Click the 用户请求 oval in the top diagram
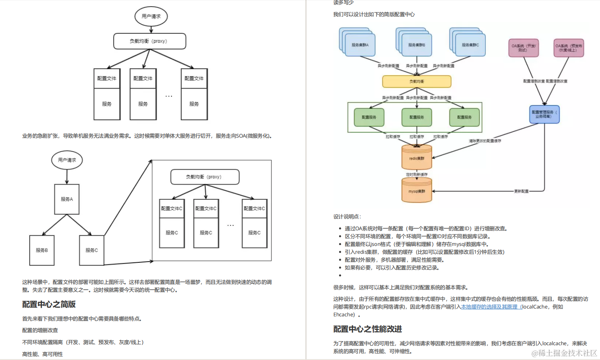point(151,16)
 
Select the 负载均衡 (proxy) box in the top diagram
point(150,41)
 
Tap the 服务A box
point(67,199)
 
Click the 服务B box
point(42,250)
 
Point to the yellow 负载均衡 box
point(417,82)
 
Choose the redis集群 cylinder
point(417,158)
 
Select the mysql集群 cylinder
point(417,191)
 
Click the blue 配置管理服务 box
point(544,114)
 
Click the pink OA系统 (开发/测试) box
point(523,48)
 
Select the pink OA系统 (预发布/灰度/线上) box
point(569,48)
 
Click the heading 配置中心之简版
point(49,304)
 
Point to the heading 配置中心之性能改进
point(367,329)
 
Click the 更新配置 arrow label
point(521,191)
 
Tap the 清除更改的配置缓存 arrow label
point(485,141)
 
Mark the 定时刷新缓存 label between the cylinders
point(417,175)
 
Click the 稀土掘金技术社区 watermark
point(564,353)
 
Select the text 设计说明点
point(347,217)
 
